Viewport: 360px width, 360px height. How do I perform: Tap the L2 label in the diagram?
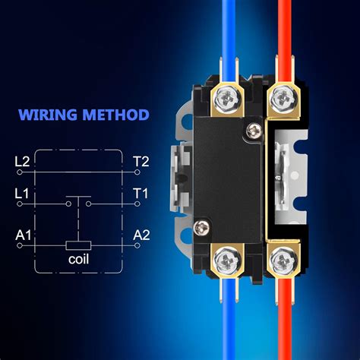tap(23, 161)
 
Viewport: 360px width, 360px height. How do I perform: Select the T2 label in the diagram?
tap(141, 161)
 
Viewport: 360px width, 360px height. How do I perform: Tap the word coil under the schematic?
tap(78, 260)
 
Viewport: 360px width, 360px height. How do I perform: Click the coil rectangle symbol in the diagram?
tap(78, 245)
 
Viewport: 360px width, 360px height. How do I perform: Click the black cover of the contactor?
tap(228, 175)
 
